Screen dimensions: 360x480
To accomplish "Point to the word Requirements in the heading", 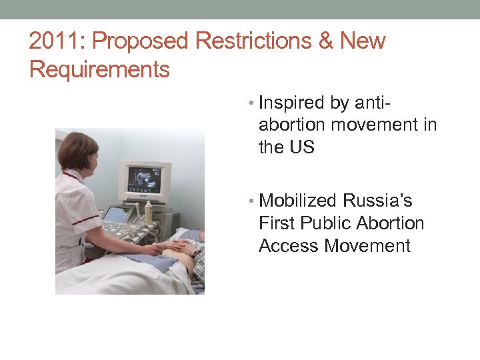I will click(x=99, y=69).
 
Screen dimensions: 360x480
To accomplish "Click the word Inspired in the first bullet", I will click(x=291, y=103).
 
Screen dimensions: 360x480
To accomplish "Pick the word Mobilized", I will click(x=299, y=201).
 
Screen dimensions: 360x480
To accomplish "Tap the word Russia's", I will click(x=378, y=201).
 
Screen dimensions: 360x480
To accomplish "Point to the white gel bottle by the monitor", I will click(x=148, y=213).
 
